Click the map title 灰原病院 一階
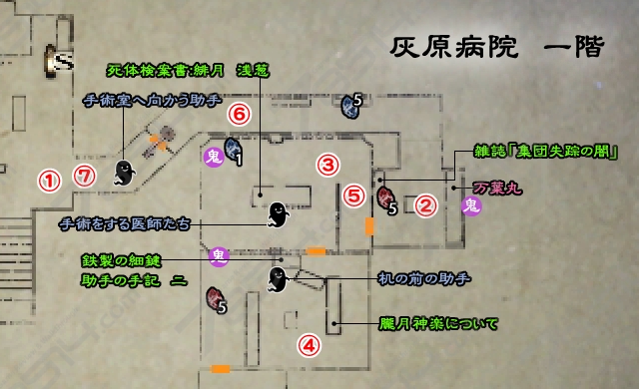(x=496, y=48)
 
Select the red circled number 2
(x=426, y=206)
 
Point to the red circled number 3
(x=329, y=163)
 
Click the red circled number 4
(x=310, y=345)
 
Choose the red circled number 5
(x=353, y=195)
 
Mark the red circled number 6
(x=238, y=114)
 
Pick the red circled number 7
(x=86, y=176)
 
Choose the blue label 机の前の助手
(x=423, y=277)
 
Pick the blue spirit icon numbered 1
(x=234, y=151)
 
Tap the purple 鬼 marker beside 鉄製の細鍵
(x=219, y=256)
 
